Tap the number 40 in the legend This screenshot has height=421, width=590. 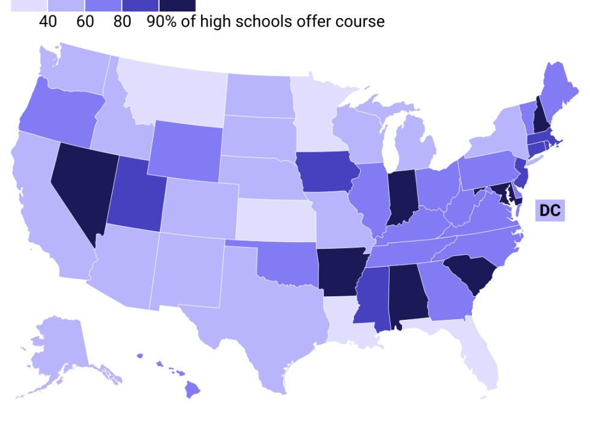point(48,22)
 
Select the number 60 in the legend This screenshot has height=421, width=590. point(85,22)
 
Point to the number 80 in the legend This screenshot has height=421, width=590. point(122,22)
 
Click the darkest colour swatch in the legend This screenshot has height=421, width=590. point(177,5)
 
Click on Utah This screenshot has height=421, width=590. point(135,193)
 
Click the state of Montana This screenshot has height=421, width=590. point(172,84)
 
